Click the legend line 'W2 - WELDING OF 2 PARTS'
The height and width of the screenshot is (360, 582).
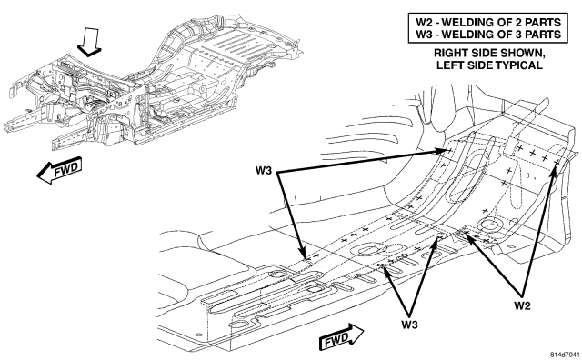click(x=488, y=22)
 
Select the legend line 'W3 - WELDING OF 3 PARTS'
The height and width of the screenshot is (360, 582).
click(x=488, y=35)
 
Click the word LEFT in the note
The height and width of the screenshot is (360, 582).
click(x=448, y=65)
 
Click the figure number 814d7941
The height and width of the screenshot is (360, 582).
click(x=565, y=354)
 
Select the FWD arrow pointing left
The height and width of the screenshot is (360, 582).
click(x=59, y=171)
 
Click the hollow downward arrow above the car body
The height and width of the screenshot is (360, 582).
click(x=89, y=42)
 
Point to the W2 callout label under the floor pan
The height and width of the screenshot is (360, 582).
click(x=522, y=305)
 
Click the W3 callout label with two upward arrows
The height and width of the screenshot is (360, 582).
click(x=409, y=325)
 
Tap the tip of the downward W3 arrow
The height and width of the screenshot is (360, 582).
click(x=306, y=259)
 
